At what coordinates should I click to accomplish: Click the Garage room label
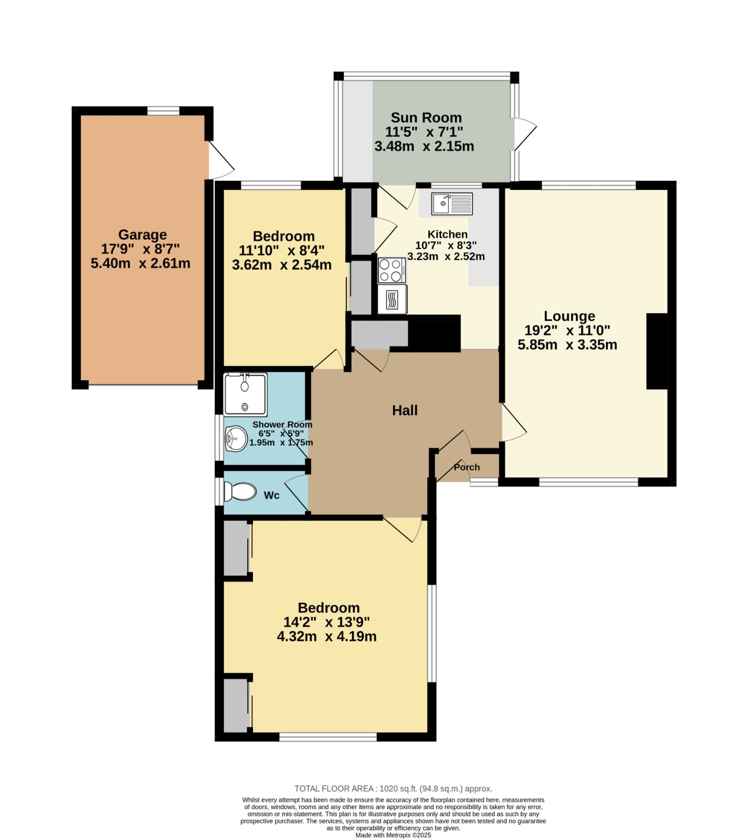[x=142, y=234]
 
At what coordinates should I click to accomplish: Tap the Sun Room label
[x=426, y=117]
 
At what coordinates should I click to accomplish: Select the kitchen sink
[x=452, y=203]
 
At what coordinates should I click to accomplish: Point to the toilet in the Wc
[x=240, y=492]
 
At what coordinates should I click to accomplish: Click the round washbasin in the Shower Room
[x=236, y=438]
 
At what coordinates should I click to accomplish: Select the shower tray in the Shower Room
[x=245, y=394]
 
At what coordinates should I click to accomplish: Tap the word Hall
[x=405, y=410]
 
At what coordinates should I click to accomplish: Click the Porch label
[x=467, y=467]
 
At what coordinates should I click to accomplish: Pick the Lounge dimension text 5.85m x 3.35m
[x=567, y=345]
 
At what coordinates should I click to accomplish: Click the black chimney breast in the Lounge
[x=657, y=351]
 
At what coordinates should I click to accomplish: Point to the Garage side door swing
[x=221, y=160]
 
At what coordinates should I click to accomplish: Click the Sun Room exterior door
[x=525, y=135]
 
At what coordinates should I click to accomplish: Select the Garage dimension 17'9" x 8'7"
[x=142, y=249]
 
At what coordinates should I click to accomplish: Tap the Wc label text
[x=271, y=495]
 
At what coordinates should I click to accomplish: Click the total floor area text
[x=393, y=788]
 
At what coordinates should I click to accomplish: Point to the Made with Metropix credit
[x=393, y=835]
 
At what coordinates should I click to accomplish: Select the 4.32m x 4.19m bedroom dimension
[x=326, y=636]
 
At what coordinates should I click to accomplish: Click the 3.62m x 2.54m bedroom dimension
[x=281, y=264]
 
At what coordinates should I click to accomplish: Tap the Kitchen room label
[x=447, y=234]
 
